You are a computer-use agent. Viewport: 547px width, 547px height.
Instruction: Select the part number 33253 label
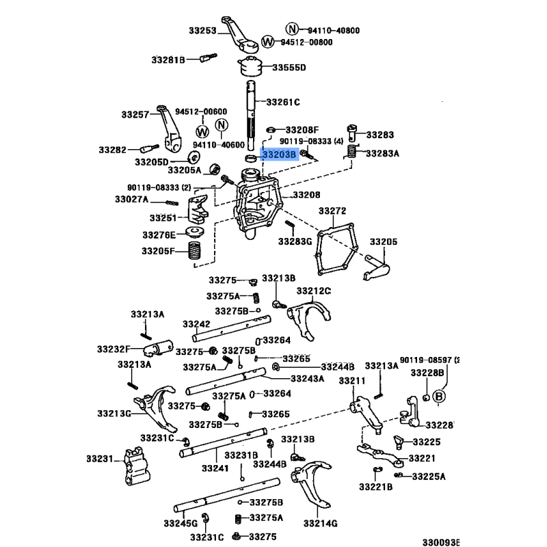[x=202, y=30]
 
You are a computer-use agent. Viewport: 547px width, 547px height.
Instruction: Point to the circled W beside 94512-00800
[x=268, y=42]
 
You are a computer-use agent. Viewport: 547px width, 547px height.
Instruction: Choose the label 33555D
[x=289, y=68]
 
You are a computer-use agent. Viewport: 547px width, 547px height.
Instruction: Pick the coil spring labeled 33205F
[x=197, y=251]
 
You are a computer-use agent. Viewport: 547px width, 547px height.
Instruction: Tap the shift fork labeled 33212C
[x=305, y=318]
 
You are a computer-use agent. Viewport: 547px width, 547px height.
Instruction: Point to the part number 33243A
[x=307, y=379]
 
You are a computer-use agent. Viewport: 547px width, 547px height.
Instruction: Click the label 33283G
[x=295, y=241]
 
